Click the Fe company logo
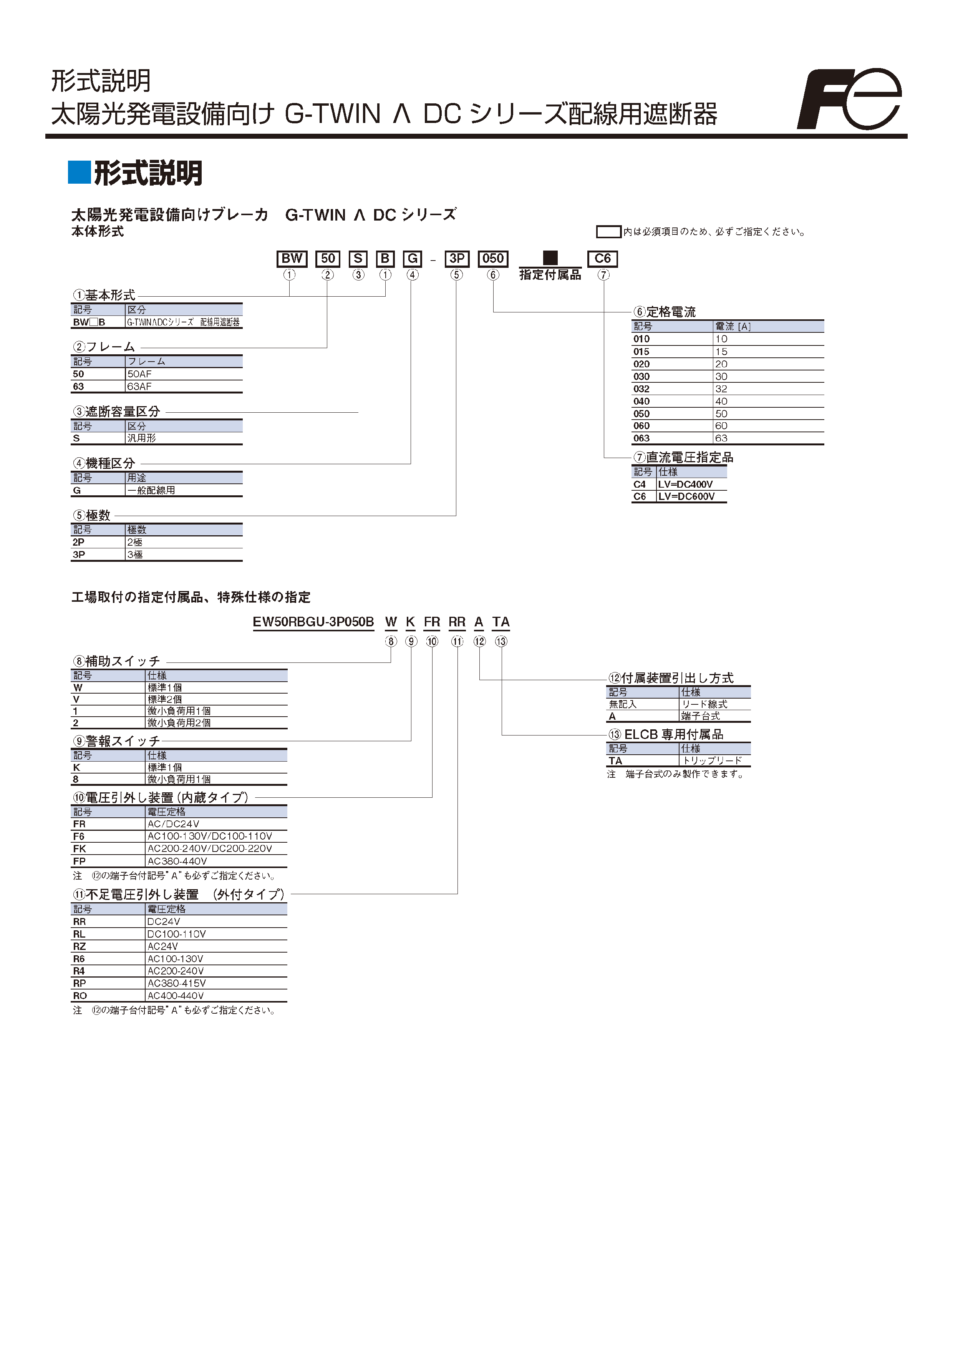click(x=850, y=99)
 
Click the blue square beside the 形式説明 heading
click(x=79, y=172)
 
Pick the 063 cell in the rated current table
click(x=641, y=438)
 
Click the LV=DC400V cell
click(x=685, y=484)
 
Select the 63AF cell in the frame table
click(x=140, y=386)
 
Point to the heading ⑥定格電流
click(x=664, y=312)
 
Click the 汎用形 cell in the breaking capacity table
click(x=141, y=438)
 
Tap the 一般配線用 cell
click(x=151, y=490)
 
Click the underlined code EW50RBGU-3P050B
click(x=313, y=623)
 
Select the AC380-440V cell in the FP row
click(x=177, y=861)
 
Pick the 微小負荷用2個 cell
click(x=179, y=723)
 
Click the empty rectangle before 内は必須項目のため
click(x=608, y=232)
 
